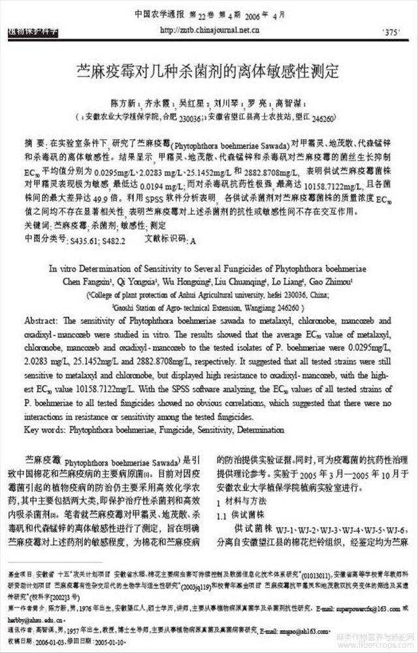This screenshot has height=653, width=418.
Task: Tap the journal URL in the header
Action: point(209,29)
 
